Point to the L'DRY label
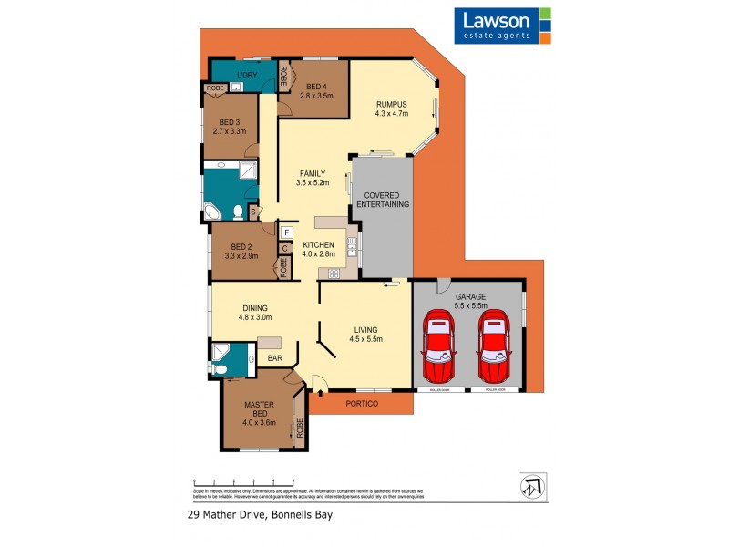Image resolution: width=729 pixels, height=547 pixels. (x=244, y=75)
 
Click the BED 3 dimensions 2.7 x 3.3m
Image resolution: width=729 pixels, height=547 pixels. (x=230, y=131)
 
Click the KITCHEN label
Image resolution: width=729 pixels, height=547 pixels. (x=319, y=246)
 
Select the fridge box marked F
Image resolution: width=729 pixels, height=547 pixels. (x=285, y=232)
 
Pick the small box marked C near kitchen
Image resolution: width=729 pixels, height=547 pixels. (x=285, y=248)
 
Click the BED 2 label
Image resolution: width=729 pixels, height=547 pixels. (x=241, y=246)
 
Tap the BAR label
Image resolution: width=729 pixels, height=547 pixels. (x=274, y=358)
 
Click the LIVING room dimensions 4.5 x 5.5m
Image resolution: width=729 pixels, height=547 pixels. (x=364, y=338)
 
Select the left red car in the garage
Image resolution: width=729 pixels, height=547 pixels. (x=439, y=346)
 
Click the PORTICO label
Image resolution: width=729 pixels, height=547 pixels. (x=362, y=402)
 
